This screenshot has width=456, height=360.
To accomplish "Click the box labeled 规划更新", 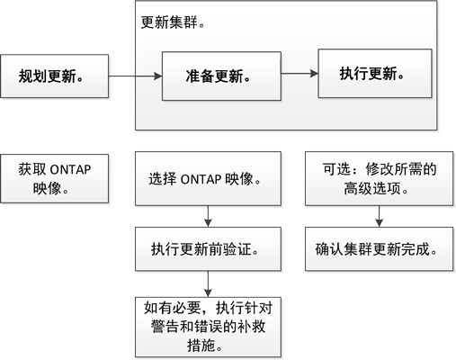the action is (x=54, y=76).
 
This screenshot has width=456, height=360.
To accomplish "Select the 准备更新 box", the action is (x=221, y=76).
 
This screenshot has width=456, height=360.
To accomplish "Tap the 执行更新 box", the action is (x=375, y=74).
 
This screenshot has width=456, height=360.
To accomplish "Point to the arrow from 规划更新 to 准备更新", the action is (x=135, y=76).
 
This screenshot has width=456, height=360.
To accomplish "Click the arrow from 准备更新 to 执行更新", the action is (x=300, y=73).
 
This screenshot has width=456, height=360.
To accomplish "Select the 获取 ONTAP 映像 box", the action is (x=54, y=179).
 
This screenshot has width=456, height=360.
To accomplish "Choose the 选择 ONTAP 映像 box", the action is (x=208, y=179).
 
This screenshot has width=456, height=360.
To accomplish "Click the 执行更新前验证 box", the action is (x=208, y=249).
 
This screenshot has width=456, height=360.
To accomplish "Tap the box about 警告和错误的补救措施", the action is (x=208, y=327).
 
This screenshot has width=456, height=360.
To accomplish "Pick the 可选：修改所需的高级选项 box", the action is (x=380, y=179).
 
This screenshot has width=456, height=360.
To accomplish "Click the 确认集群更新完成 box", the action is (x=380, y=249).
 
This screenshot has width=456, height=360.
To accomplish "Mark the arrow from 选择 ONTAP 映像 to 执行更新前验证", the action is (x=208, y=216).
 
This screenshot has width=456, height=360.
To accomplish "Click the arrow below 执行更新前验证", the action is (x=208, y=283).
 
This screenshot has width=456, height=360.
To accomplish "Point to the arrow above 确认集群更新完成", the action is (x=380, y=216).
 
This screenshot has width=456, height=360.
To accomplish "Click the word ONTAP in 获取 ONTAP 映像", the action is (x=70, y=170).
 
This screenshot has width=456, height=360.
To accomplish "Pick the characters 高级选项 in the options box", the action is (x=372, y=189).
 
